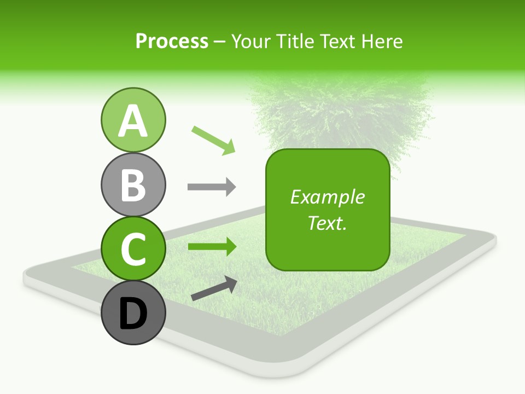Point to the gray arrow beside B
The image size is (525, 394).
click(x=212, y=187)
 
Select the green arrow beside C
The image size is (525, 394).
click(x=212, y=247)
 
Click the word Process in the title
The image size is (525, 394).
click(x=172, y=42)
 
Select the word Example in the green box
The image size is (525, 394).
click(x=328, y=197)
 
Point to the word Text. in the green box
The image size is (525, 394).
click(x=328, y=223)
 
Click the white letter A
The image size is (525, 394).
click(x=133, y=121)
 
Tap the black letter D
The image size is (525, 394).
click(x=133, y=314)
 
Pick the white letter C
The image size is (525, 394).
click(x=133, y=249)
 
